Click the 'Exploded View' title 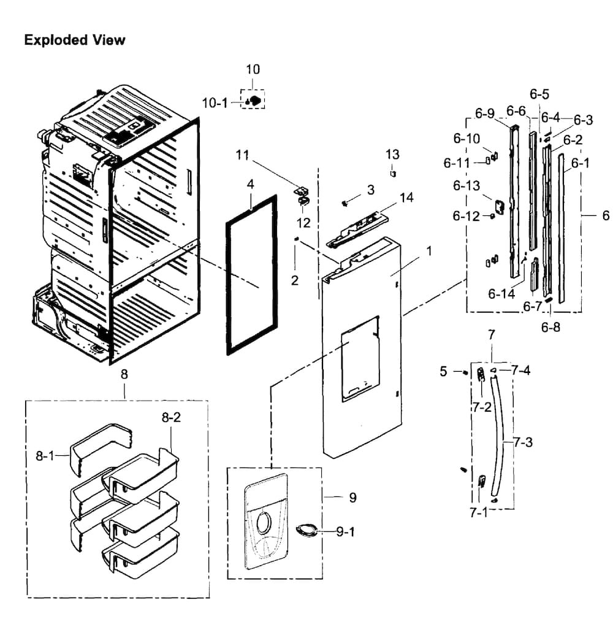[75, 40]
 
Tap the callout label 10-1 [215, 102]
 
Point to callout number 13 [392, 155]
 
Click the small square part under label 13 [393, 174]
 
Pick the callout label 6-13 [466, 186]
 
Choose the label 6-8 [550, 327]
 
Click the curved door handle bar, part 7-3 [500, 434]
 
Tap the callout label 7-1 [479, 512]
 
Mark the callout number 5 [443, 371]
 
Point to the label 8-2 [171, 417]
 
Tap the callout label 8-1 [45, 455]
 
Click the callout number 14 [406, 198]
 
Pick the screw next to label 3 [345, 202]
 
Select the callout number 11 [242, 155]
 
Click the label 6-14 [501, 294]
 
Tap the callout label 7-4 [521, 371]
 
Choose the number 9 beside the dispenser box [353, 498]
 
